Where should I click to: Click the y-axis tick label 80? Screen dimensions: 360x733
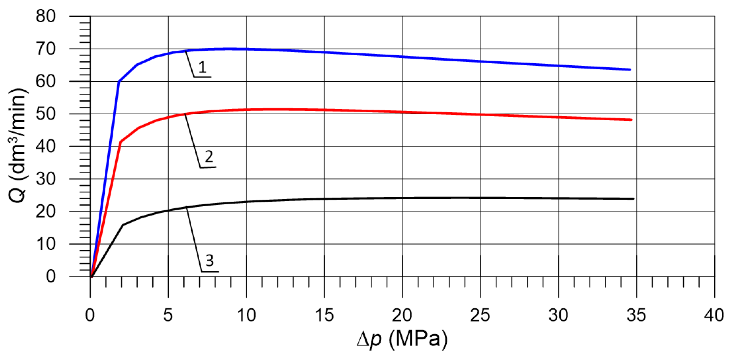(45, 17)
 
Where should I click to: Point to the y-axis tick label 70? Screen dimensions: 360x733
(45, 49)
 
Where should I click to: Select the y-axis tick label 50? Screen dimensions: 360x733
(45, 114)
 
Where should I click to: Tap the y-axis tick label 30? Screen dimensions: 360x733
(45, 179)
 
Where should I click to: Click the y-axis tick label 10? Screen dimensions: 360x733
(45, 244)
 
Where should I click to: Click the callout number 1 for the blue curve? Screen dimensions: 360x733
(202, 67)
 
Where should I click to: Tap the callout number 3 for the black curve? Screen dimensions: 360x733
(210, 260)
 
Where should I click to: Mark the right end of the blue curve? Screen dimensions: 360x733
(630, 70)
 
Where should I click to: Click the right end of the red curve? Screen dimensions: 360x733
(631, 120)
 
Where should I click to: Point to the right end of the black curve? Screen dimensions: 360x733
(633, 199)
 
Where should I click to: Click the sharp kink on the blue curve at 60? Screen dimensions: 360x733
(119, 82)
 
